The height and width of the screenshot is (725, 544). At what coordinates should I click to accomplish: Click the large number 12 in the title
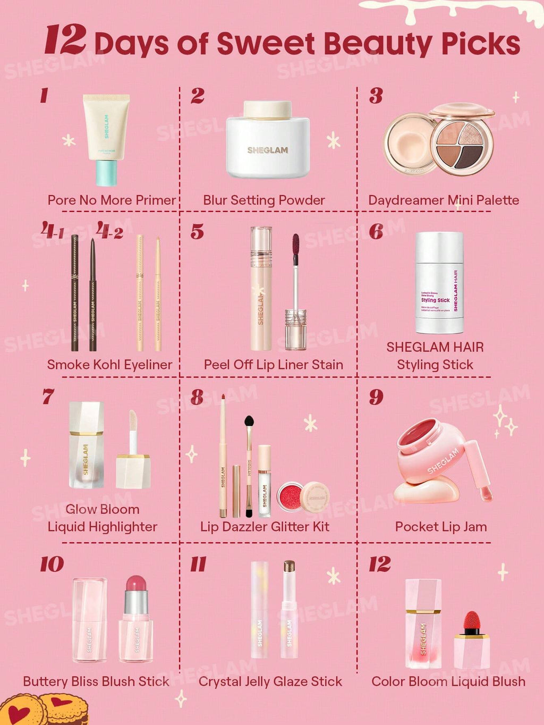pyautogui.click(x=65, y=40)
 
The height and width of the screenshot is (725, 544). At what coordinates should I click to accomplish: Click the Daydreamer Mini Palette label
pyautogui.click(x=443, y=200)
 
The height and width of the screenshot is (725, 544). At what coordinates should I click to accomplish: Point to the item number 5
pyautogui.click(x=197, y=232)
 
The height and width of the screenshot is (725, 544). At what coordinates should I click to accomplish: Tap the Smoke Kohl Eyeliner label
pyautogui.click(x=109, y=365)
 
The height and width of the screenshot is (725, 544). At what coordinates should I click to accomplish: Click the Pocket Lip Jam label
pyautogui.click(x=440, y=527)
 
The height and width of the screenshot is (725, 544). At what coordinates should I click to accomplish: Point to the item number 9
pyautogui.click(x=376, y=397)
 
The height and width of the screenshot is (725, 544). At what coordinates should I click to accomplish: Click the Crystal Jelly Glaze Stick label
pyautogui.click(x=270, y=681)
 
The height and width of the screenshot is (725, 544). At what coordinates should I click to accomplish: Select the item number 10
pyautogui.click(x=52, y=564)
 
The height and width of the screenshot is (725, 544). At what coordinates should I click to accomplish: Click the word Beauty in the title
pyautogui.click(x=376, y=44)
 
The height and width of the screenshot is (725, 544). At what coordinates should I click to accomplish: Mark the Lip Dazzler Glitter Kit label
pyautogui.click(x=265, y=527)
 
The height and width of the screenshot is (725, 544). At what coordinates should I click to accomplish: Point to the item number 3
pyautogui.click(x=376, y=96)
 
